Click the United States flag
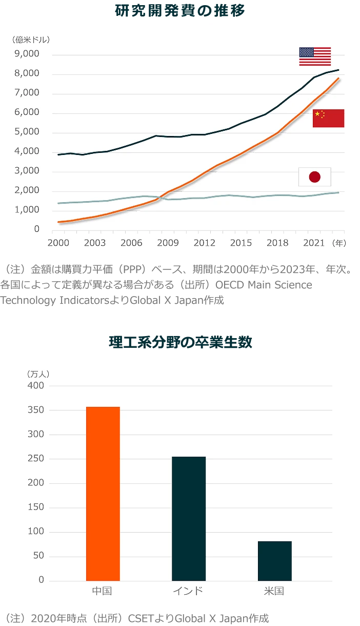click(315, 56)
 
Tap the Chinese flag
click(328, 118)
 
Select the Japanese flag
click(315, 177)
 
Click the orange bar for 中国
click(103, 494)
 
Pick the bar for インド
click(189, 518)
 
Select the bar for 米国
click(274, 561)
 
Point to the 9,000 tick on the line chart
click(30, 54)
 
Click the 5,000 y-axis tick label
click(30, 132)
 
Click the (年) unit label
click(338, 243)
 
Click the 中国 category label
click(102, 591)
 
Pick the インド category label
click(188, 591)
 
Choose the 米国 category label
click(274, 591)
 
